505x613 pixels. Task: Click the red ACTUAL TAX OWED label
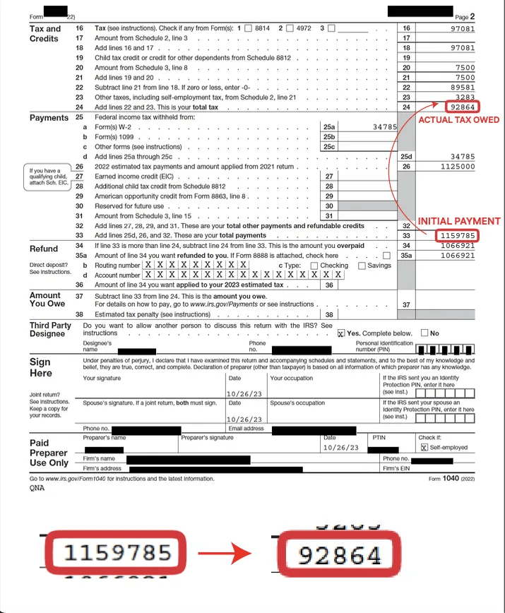pos(458,120)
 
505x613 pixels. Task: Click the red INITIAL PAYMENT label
pos(458,221)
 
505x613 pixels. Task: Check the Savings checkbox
pos(362,266)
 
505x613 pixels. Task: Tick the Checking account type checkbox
pos(314,266)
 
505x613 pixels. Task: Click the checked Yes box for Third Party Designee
pos(341,333)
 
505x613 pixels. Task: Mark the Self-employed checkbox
pos(424,447)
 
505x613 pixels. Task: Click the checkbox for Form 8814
pos(248,28)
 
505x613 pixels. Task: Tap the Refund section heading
pos(44,249)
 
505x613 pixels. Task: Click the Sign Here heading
pos(40,367)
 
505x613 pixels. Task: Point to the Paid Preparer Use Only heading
pos(49,453)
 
